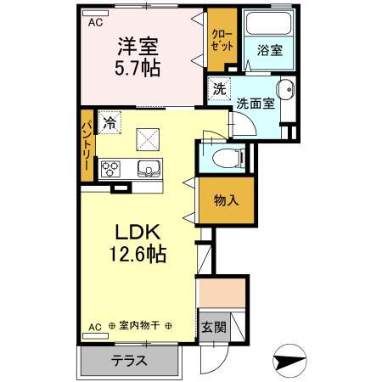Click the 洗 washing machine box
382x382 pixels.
pyautogui.click(x=218, y=88)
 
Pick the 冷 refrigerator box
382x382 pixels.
pyautogui.click(x=109, y=123)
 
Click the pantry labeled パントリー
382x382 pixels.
pyautogui.click(x=87, y=146)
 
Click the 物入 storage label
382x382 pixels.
pyautogui.click(x=225, y=200)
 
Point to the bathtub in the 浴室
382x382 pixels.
pyautogui.click(x=265, y=27)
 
